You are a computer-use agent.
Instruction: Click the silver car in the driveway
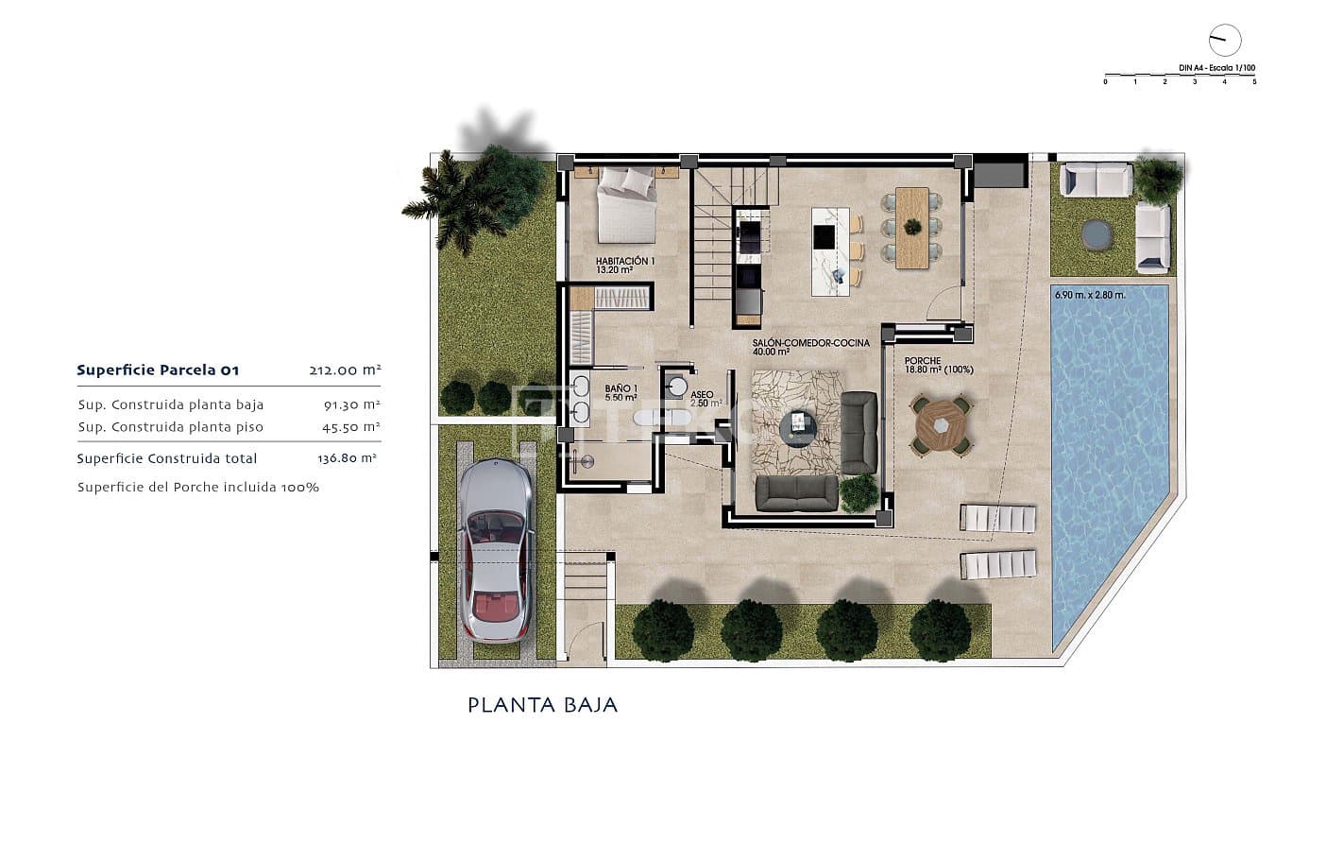tap(495, 551)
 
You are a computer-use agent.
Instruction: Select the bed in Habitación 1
tap(626, 203)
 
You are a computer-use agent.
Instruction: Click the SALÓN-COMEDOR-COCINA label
tap(810, 347)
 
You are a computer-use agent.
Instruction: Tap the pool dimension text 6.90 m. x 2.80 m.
tap(1089, 295)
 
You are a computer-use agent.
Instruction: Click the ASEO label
tap(702, 396)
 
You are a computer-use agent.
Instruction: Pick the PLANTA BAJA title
tap(542, 705)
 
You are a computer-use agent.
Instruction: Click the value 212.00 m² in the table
tap(344, 370)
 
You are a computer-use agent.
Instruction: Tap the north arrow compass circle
tap(1225, 40)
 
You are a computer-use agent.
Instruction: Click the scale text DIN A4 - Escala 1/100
tap(1216, 68)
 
